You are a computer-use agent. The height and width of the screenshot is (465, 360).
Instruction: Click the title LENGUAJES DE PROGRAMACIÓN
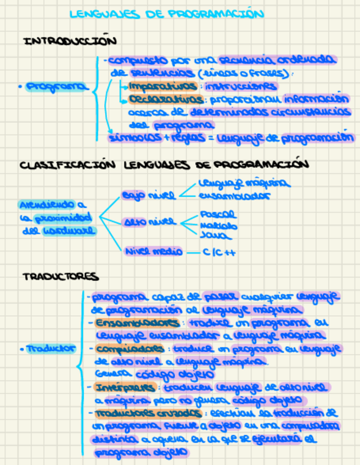(x=163, y=15)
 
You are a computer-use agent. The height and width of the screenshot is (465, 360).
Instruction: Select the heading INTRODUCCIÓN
(x=70, y=41)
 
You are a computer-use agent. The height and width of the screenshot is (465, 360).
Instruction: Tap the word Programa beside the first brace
(x=55, y=87)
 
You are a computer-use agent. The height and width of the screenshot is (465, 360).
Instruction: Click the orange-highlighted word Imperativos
(x=162, y=86)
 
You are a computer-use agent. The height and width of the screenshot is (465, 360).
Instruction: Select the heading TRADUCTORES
(x=60, y=277)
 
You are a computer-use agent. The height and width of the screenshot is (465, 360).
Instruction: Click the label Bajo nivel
(x=149, y=195)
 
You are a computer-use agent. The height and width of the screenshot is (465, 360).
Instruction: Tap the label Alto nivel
(x=149, y=222)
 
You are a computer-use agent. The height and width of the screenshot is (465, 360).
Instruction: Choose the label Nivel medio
(x=154, y=252)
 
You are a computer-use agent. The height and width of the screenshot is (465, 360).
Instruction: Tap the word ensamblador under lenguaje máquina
(x=234, y=195)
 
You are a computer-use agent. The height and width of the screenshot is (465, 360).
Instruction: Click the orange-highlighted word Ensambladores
(x=137, y=322)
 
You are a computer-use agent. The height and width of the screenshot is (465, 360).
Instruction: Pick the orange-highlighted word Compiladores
(x=131, y=349)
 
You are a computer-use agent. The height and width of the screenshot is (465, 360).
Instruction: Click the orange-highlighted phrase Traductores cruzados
(x=147, y=412)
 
